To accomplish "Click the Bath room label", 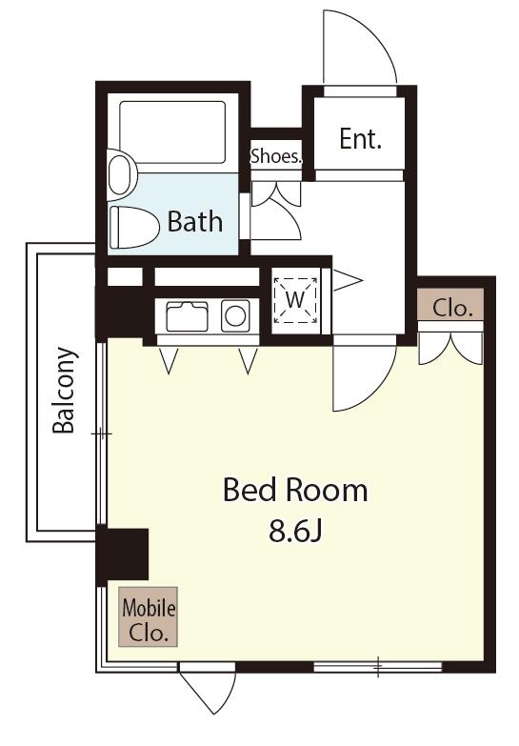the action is [195, 222].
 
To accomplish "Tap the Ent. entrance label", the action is [361, 139].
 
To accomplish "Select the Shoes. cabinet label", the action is [276, 156].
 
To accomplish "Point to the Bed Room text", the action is [295, 490].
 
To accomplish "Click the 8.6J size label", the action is [296, 531].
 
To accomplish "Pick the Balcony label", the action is [64, 390].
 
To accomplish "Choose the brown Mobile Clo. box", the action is [148, 616].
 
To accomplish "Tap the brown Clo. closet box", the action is [451, 304].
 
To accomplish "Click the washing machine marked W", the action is [295, 300].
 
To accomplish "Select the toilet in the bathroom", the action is [134, 227].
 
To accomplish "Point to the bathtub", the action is [172, 132].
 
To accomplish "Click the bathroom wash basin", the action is [122, 174].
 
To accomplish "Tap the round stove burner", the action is [235, 315].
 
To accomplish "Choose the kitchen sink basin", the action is [187, 316].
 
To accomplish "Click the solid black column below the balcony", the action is [122, 554].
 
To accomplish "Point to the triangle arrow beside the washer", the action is [348, 280].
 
